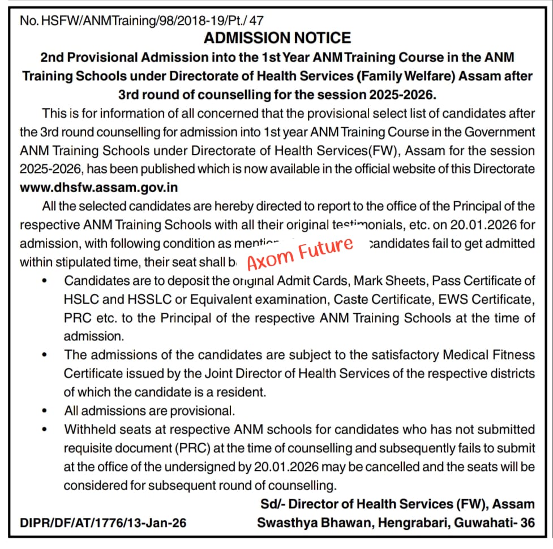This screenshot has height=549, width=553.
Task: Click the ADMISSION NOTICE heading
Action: [x=277, y=38]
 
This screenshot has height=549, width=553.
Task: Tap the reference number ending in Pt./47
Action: [x=142, y=20]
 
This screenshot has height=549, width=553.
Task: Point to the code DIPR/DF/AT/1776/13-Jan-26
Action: [x=103, y=523]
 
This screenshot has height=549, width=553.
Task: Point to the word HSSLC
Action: [x=124, y=299]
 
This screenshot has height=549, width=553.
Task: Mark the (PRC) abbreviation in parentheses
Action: [x=170, y=448]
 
